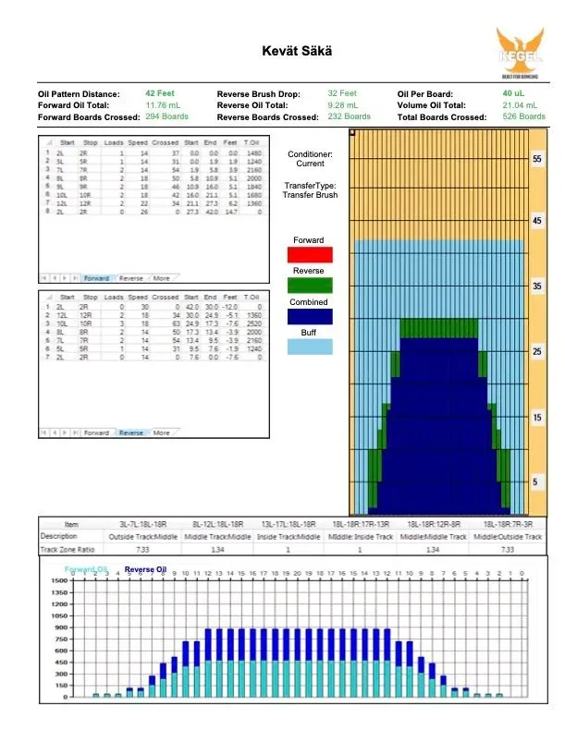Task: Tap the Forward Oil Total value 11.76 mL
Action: point(163,105)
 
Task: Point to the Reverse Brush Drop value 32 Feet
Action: point(342,93)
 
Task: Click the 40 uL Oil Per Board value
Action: point(514,93)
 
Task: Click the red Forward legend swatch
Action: point(311,254)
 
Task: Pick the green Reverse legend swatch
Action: point(311,286)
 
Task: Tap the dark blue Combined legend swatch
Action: point(311,316)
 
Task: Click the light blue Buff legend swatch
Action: point(311,347)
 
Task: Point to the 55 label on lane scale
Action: point(537,160)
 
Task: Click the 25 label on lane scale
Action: point(537,353)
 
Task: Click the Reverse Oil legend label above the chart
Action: point(145,569)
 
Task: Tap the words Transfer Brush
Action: point(311,196)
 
